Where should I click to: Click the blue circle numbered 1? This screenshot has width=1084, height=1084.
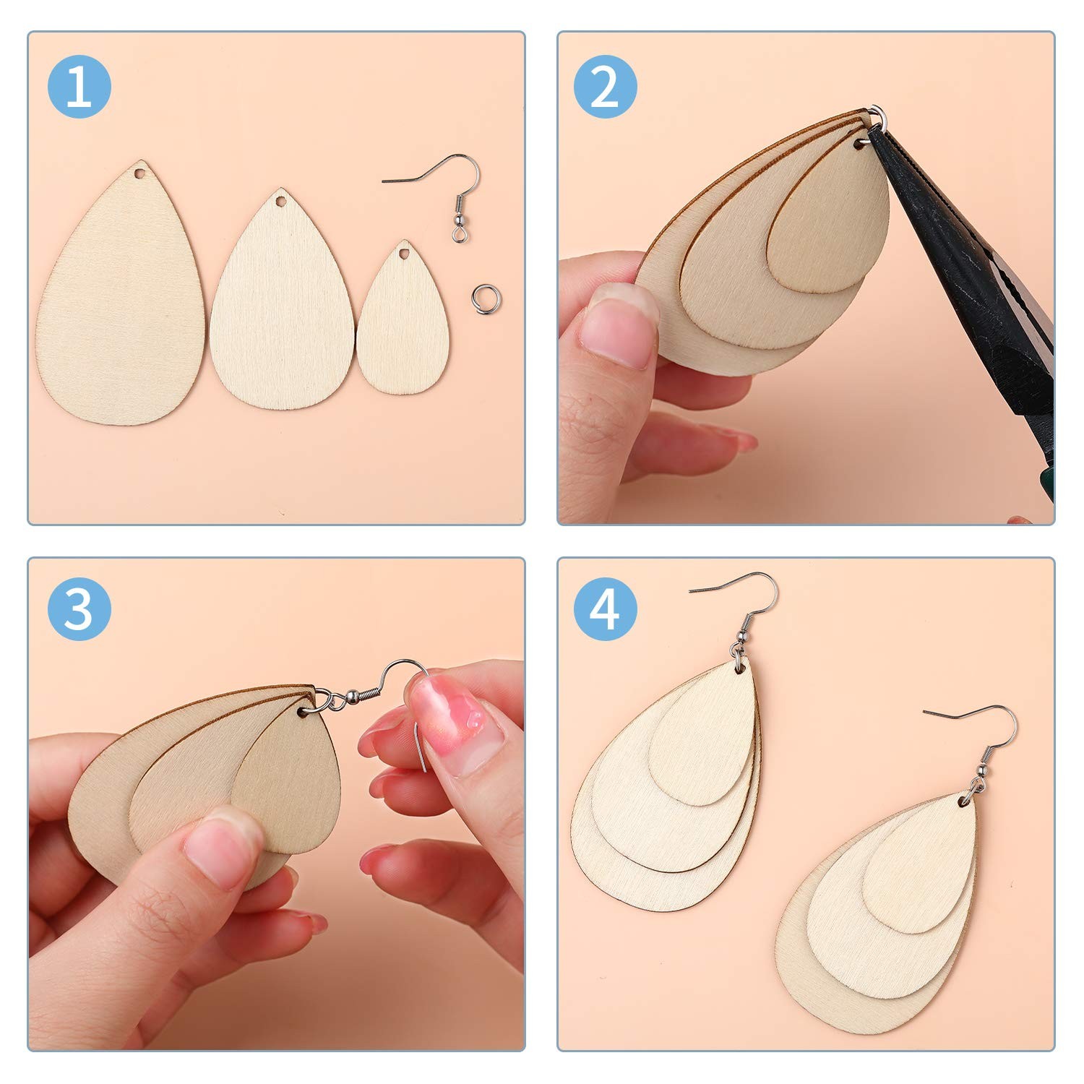point(79,87)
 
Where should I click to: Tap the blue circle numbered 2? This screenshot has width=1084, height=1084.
point(606,87)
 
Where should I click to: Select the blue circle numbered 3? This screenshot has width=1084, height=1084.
point(79,608)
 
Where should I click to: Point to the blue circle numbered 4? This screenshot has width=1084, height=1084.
point(606,608)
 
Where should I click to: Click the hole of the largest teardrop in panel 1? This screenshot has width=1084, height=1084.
point(139,175)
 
